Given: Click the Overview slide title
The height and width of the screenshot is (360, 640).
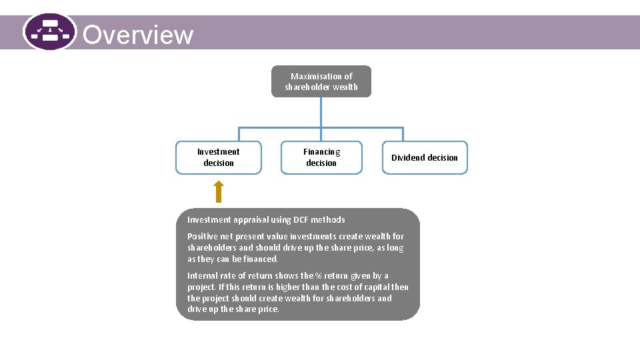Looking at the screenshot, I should point(138,34).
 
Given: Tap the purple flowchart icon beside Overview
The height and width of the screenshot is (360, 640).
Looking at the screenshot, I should point(49,31).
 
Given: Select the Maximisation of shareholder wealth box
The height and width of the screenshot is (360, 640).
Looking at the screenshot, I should point(321,81).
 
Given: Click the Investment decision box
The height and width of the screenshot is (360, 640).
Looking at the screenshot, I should point(219,157).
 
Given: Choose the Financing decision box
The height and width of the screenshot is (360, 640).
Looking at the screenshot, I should point(321,157).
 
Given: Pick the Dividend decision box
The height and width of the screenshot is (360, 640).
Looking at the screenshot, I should point(425,157).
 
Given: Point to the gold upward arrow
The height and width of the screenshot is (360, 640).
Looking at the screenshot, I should point(218,191).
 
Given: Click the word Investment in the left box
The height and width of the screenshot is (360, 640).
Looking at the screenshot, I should point(219,152).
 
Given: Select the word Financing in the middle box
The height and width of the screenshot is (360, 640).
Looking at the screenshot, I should point(321,152).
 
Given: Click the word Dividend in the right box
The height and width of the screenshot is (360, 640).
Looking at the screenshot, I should point(408,158).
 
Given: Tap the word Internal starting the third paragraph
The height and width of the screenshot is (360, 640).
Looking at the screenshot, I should point(202,275).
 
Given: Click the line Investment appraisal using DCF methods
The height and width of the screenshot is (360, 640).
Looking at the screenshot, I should point(266,219).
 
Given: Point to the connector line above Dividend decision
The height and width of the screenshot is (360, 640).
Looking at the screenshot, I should point(403,134).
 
